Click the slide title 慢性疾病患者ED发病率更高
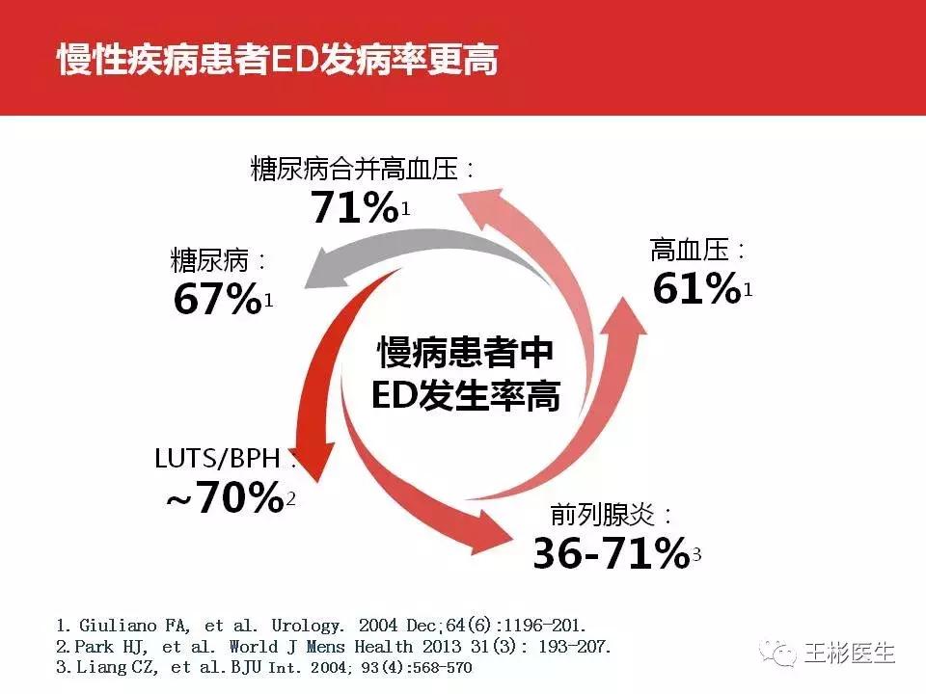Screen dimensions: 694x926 click(x=278, y=59)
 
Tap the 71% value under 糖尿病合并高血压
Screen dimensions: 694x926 click(x=354, y=206)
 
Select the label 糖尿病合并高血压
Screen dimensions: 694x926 click(x=363, y=170)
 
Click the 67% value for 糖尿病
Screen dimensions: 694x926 click(x=217, y=299)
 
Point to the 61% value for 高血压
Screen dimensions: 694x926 click(x=696, y=288)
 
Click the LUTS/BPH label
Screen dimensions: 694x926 click(x=225, y=458)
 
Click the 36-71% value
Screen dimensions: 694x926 click(x=609, y=553)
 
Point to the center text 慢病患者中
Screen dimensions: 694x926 click(x=465, y=353)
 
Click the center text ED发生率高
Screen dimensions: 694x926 click(x=465, y=396)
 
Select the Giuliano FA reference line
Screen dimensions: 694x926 click(x=320, y=625)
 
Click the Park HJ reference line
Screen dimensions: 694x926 click(x=334, y=646)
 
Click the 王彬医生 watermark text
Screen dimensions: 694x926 click(x=850, y=654)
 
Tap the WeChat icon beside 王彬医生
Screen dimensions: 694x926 click(x=777, y=654)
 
